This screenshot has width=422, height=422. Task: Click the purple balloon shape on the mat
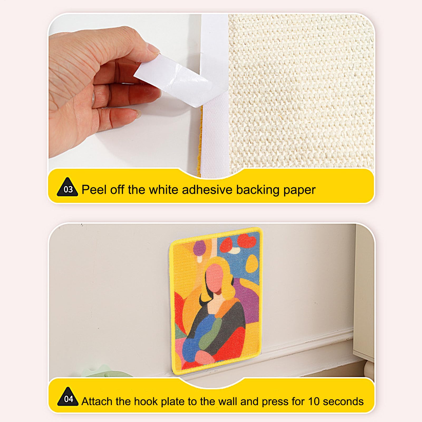(200, 248)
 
